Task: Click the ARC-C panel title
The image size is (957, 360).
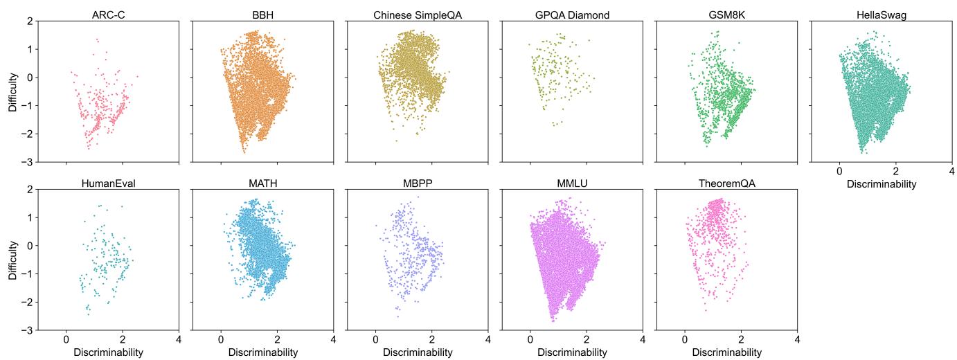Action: (109, 15)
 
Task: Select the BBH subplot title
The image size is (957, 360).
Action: (262, 15)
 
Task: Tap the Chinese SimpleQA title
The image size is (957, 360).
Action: (418, 15)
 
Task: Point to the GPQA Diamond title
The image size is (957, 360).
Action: (572, 15)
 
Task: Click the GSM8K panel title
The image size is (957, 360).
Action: (726, 15)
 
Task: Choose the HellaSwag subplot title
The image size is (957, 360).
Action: (882, 15)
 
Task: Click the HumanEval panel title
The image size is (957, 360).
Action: (109, 183)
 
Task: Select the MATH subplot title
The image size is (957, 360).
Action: (262, 183)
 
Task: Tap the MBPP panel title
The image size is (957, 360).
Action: (418, 183)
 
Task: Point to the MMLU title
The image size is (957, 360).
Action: (572, 183)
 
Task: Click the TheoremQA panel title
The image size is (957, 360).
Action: (726, 183)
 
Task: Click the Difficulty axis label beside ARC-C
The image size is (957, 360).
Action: (13, 92)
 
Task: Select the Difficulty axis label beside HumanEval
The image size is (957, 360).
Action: (13, 260)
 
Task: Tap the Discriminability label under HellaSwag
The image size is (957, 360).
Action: (882, 184)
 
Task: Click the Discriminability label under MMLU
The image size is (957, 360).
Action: (572, 352)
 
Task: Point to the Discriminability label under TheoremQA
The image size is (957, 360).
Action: (726, 352)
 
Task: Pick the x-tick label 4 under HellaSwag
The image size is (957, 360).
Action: (951, 171)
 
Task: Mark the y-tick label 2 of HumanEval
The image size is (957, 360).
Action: (30, 189)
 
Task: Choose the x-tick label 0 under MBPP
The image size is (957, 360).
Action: (375, 339)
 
